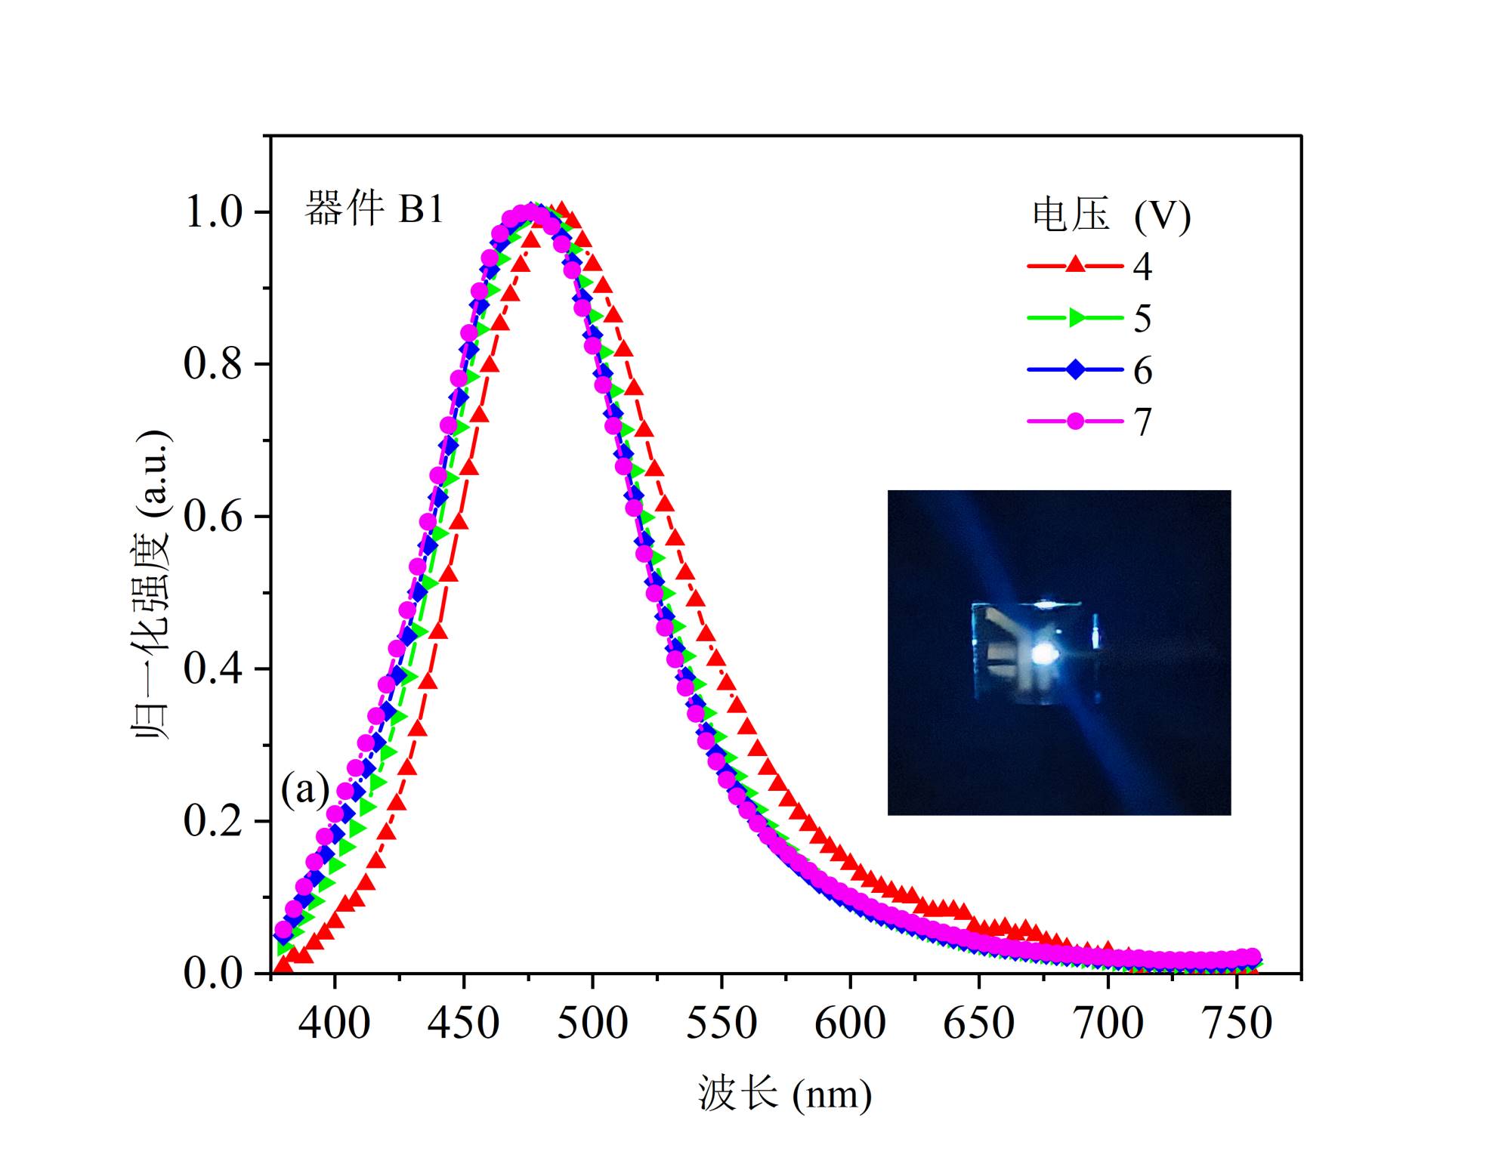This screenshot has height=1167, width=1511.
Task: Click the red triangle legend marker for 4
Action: (x=1075, y=265)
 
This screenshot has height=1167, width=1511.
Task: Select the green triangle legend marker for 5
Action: (x=1075, y=318)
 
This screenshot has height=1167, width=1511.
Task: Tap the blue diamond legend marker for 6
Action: (x=1075, y=370)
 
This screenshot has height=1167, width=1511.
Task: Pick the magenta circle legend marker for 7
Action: (x=1075, y=421)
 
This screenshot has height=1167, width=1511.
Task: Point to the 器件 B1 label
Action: (x=374, y=209)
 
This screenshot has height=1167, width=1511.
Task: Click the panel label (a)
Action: (x=305, y=790)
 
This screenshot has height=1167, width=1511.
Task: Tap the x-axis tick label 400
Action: (x=334, y=1023)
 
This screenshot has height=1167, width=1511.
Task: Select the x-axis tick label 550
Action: (x=722, y=1023)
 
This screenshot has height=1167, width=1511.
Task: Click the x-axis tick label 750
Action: (x=1237, y=1023)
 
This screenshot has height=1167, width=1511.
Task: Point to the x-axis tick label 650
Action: (x=979, y=1023)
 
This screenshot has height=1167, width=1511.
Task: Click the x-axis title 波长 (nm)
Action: (x=784, y=1094)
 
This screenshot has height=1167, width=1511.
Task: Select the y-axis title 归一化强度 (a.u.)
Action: (x=153, y=585)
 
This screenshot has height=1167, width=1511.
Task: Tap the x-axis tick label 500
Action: (x=592, y=1023)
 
